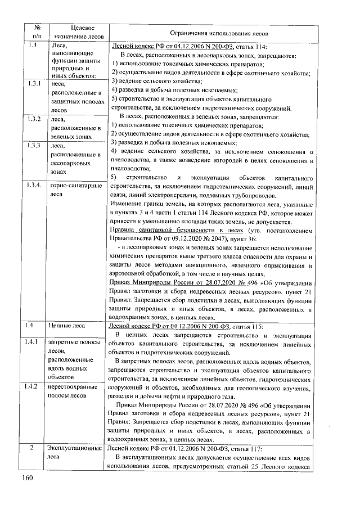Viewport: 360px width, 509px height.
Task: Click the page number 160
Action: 29,479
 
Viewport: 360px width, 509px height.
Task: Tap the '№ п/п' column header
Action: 35,33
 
